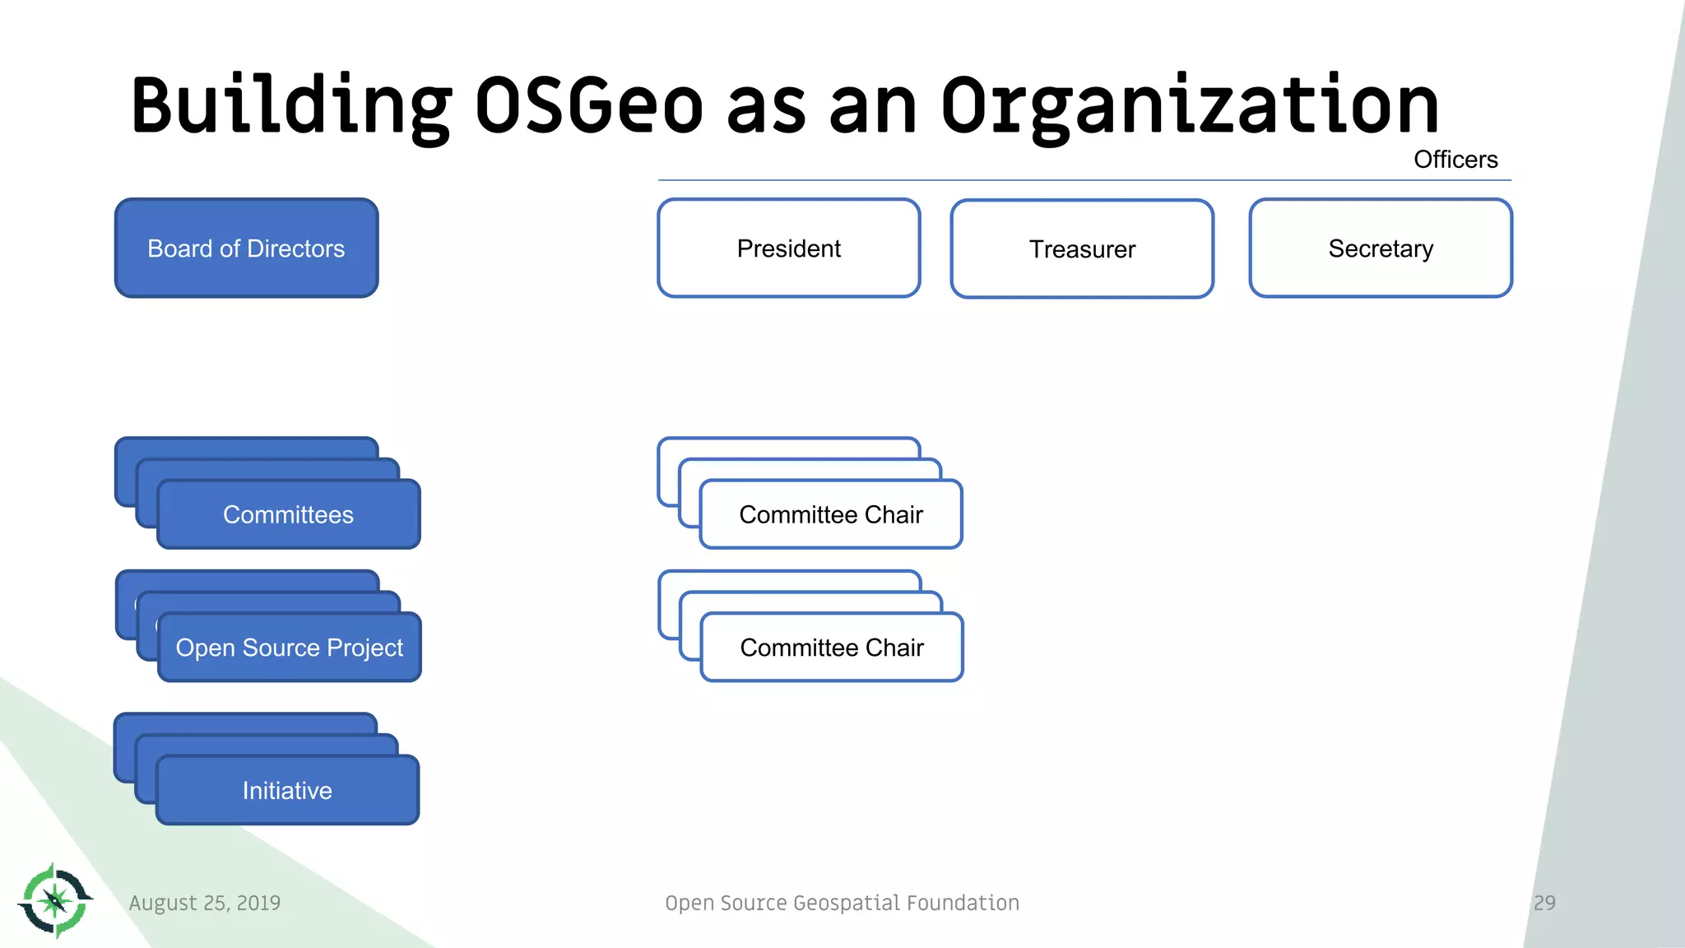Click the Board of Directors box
(246, 248)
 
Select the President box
(788, 248)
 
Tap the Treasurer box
(1082, 249)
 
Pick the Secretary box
(1380, 248)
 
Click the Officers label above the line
(1455, 160)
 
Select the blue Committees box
(288, 514)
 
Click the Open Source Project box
(289, 648)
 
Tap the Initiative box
(287, 790)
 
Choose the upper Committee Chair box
(830, 514)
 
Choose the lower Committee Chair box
(831, 648)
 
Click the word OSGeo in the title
(588, 105)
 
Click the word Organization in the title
(1189, 105)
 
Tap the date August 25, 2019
(205, 903)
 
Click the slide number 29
(1544, 903)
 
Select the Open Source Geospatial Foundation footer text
(842, 903)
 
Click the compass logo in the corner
(55, 900)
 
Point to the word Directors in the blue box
(295, 249)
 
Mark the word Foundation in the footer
(963, 903)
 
